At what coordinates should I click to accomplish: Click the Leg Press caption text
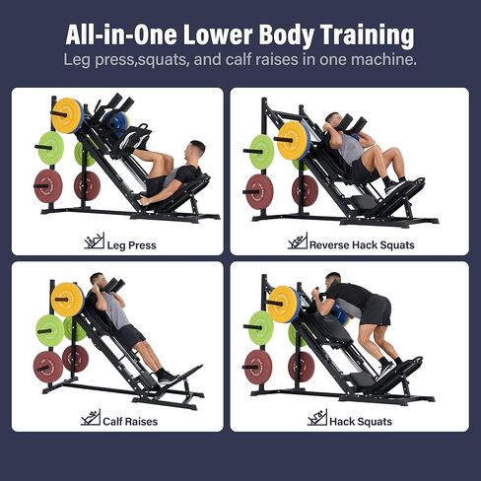pos(129,244)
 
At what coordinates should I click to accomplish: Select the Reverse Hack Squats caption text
pos(363,244)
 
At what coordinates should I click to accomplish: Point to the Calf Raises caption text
pos(129,421)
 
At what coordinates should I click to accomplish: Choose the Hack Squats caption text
pos(362,421)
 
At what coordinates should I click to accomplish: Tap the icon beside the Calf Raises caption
pos(90,418)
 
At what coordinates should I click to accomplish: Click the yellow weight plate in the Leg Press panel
pos(68,114)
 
